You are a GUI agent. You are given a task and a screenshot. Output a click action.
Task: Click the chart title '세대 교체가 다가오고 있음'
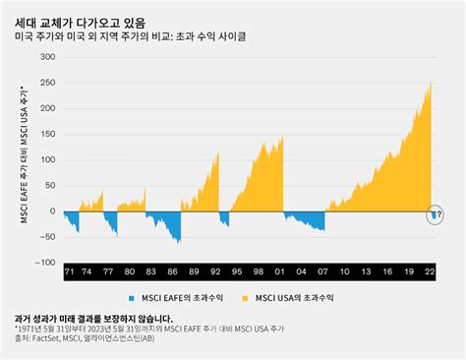pyautogui.click(x=87, y=18)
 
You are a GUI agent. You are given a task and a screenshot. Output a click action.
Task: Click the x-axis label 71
pyautogui.click(x=69, y=270)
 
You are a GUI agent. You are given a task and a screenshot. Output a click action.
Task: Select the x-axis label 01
pyautogui.click(x=283, y=270)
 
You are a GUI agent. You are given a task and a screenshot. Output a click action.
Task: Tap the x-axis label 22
pyautogui.click(x=431, y=270)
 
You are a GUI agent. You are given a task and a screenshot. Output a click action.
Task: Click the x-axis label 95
pyautogui.click(x=231, y=270)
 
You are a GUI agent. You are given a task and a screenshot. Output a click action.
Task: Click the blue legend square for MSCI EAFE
pyautogui.click(x=131, y=296)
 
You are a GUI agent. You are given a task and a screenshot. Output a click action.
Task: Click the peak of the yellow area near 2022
pyautogui.click(x=431, y=83)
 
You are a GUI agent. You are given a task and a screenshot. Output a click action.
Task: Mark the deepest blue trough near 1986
pyautogui.click(x=179, y=241)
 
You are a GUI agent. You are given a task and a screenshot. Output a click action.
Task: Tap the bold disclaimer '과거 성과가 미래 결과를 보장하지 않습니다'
pyautogui.click(x=94, y=318)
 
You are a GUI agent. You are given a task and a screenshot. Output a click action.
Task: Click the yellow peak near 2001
pyautogui.click(x=282, y=138)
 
